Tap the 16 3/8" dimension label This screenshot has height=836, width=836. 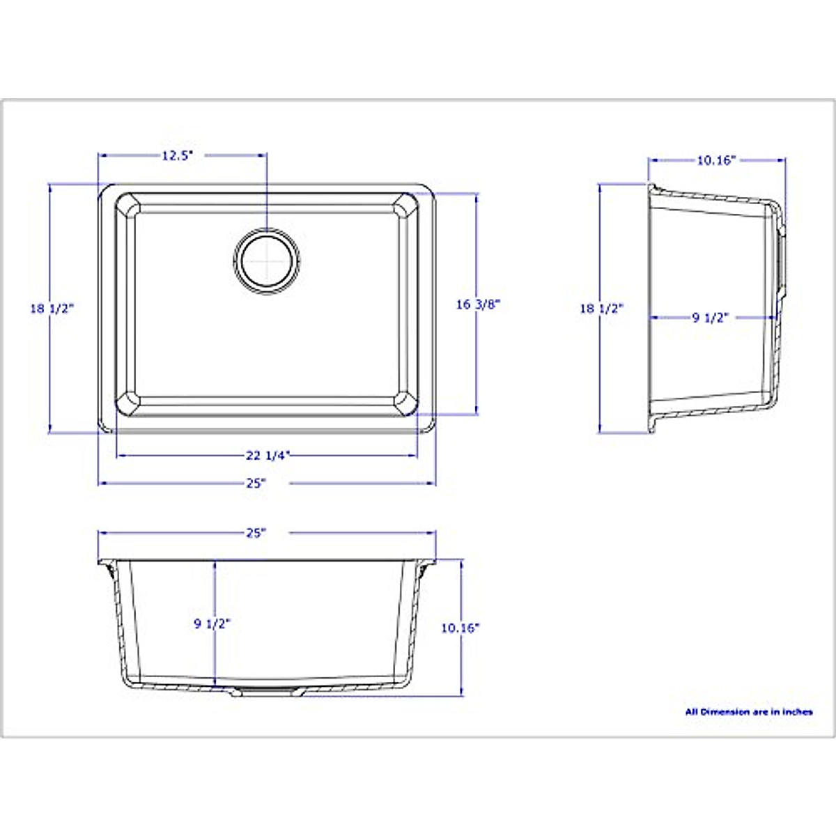click(x=479, y=304)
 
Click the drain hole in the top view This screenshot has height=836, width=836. click(x=267, y=261)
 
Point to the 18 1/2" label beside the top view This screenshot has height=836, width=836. click(x=52, y=309)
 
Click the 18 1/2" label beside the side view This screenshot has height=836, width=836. click(x=602, y=309)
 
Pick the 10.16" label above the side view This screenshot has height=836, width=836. click(x=717, y=160)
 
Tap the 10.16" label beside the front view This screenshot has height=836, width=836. click(x=460, y=628)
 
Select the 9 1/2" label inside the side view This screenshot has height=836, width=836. click(x=709, y=318)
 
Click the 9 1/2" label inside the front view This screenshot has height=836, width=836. click(x=212, y=624)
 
